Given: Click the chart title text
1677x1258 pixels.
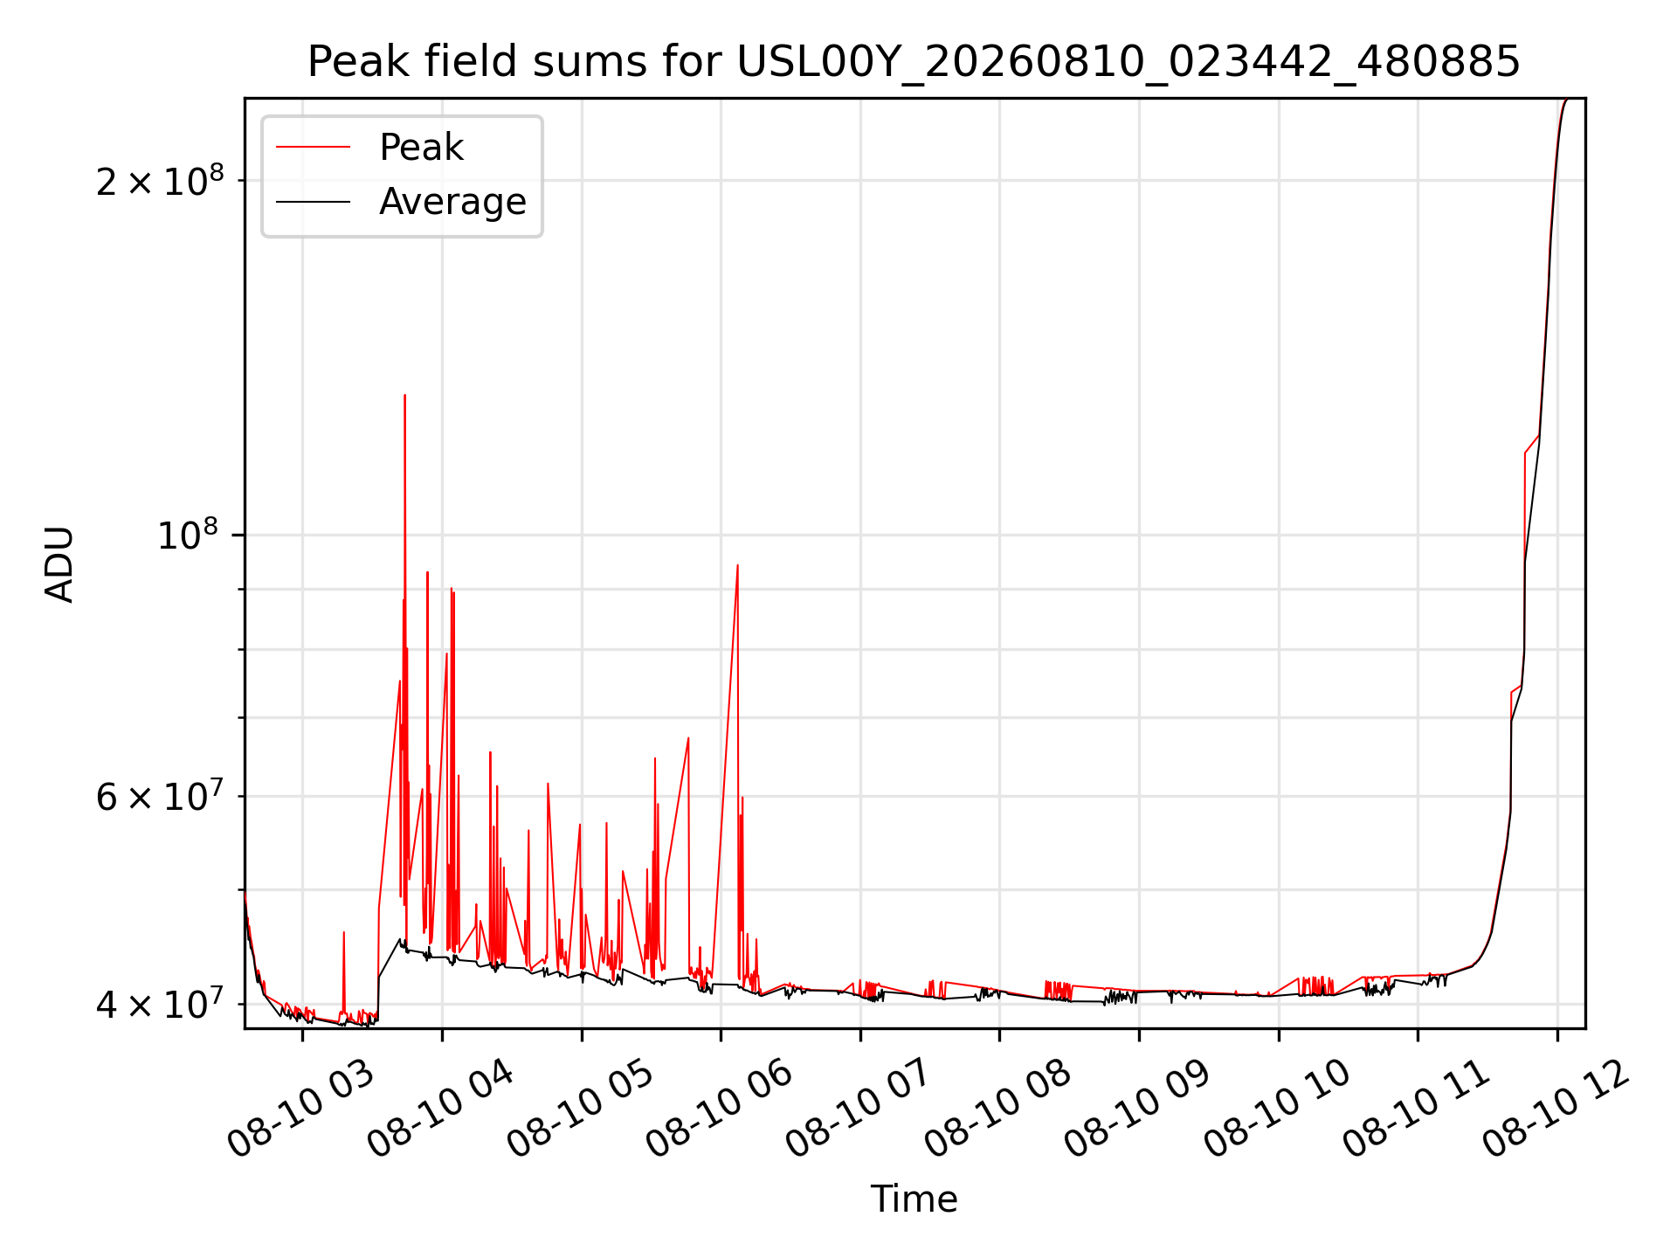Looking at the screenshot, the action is click(x=914, y=62).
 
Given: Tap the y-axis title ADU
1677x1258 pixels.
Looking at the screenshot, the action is click(x=59, y=563).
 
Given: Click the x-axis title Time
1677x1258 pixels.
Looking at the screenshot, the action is click(x=914, y=1199).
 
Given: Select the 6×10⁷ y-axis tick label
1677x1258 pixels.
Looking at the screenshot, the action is click(x=160, y=795).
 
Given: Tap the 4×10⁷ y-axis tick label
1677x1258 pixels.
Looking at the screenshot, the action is click(x=160, y=1003).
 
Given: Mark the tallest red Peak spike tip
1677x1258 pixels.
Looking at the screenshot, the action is click(x=404, y=396).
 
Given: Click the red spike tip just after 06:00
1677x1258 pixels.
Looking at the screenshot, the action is click(x=737, y=565).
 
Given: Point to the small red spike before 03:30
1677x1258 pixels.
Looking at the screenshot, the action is click(x=344, y=933).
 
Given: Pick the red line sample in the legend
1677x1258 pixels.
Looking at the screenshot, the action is click(x=313, y=148).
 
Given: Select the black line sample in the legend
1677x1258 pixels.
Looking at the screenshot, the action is click(x=313, y=202).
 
